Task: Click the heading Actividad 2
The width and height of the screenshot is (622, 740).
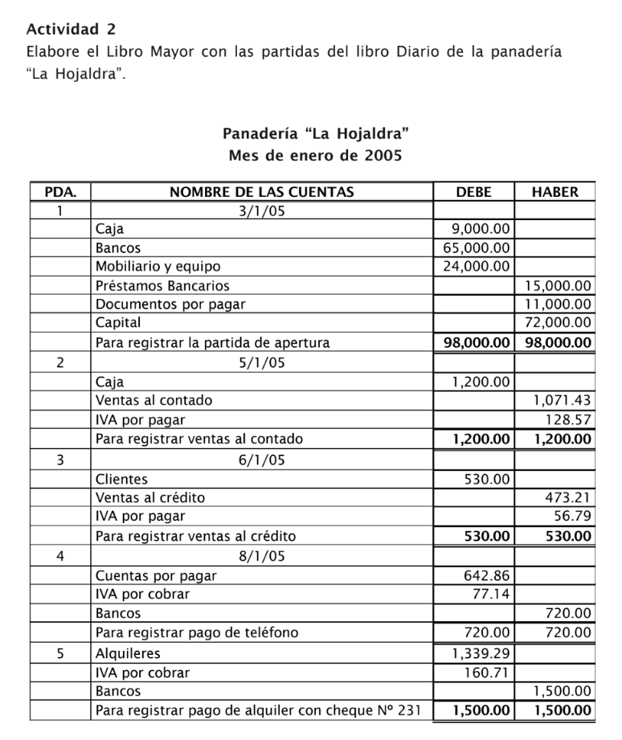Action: coord(71,30)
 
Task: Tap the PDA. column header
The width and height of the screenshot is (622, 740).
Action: coord(60,192)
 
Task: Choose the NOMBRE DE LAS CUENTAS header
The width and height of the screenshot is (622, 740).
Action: coord(261,192)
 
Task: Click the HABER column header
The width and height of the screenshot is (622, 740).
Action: coord(554,192)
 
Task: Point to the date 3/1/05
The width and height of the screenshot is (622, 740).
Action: coord(261,211)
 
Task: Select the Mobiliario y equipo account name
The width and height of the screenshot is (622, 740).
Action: coord(158,266)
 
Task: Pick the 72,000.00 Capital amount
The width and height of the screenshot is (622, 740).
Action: coord(558,322)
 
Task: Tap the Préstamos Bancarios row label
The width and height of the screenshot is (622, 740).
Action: coord(162,285)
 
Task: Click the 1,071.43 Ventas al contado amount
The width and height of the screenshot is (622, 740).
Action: coord(563,399)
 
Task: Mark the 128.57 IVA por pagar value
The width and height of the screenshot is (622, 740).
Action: coord(569,419)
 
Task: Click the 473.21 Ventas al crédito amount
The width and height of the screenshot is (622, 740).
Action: coord(568,497)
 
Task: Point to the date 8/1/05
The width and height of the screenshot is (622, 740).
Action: coord(261,555)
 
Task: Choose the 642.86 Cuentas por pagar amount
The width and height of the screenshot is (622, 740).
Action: coord(487,575)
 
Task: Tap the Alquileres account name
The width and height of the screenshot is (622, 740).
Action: coord(128,653)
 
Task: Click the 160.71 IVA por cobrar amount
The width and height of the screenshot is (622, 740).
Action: coord(487,673)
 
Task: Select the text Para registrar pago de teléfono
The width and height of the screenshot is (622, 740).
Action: coord(196,632)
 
